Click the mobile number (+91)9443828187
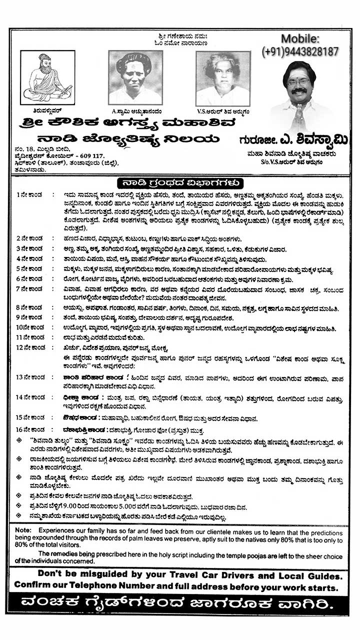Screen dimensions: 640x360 point(300,51)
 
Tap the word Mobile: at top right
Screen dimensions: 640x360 point(299,38)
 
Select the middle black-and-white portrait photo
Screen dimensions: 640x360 point(135,77)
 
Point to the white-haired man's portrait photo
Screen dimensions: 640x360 point(222,78)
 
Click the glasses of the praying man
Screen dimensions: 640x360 point(299,82)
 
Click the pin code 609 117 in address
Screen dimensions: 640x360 point(90,156)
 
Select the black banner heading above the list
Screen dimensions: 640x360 point(180,182)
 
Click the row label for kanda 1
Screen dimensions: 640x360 point(29,194)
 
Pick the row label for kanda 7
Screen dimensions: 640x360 point(29,288)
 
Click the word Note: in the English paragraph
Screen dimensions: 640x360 point(23,529)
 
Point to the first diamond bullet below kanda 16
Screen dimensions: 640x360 point(18,440)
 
